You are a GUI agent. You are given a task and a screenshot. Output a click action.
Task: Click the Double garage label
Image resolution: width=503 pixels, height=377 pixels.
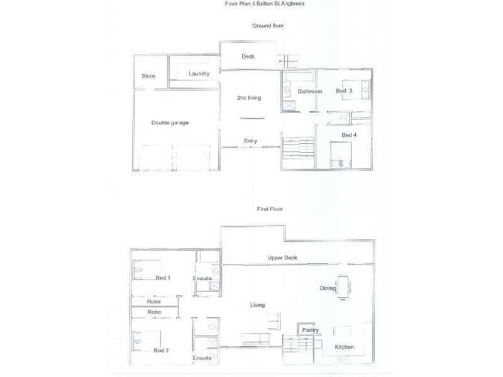coord(170,123)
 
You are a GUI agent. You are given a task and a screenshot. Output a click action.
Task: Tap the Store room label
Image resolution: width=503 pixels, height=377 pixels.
coord(148,76)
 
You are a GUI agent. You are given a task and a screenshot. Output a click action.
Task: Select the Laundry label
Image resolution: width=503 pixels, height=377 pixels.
coord(199,74)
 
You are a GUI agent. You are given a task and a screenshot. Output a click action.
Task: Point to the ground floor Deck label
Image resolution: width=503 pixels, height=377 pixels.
coord(248,57)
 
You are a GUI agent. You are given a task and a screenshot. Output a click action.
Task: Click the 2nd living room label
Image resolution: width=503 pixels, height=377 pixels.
coord(249,98)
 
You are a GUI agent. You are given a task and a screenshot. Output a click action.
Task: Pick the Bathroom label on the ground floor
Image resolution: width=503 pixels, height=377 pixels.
coord(310,92)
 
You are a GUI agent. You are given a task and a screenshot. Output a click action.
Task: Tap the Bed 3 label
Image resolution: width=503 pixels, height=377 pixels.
coord(344,91)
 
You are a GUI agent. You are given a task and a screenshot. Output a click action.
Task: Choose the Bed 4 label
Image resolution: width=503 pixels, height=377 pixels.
coord(349,135)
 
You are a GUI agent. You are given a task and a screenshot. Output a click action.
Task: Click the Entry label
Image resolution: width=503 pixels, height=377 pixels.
coord(250,141)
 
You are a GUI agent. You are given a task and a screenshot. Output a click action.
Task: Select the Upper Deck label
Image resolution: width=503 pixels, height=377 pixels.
coord(282,258)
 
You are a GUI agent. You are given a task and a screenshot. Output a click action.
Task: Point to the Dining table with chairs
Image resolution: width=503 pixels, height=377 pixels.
coord(343,287)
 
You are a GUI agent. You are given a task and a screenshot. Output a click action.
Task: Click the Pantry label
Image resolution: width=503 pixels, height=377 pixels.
coord(311,331)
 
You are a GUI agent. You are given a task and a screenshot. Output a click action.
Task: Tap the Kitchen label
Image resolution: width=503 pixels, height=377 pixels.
coord(344,347)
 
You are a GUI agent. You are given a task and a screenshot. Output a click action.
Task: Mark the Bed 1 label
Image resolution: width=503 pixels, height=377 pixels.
coord(163,277)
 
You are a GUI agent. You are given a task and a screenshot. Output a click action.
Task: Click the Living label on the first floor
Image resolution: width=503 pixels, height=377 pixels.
coord(257,305)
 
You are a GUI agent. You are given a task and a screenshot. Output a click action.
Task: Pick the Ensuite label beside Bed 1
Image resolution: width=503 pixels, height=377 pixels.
coord(202,278)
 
